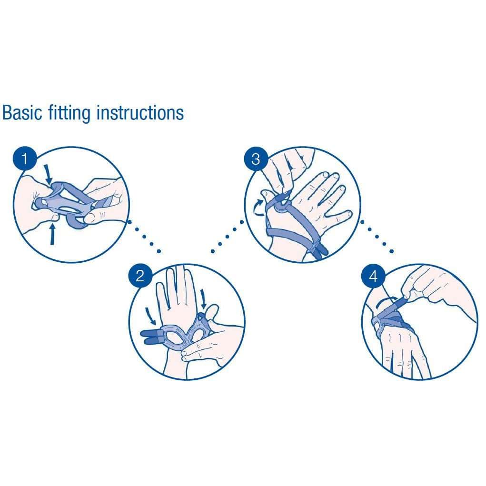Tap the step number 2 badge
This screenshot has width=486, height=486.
click(x=140, y=276)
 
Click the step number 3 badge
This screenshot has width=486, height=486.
click(x=256, y=159)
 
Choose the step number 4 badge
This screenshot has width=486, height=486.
click(x=373, y=276)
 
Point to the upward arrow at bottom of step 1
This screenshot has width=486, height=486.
click(x=52, y=234)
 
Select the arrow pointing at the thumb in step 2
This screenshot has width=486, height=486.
click(x=204, y=298)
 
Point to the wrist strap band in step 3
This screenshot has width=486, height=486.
click(x=286, y=232)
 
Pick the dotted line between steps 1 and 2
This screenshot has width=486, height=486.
click(x=145, y=238)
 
